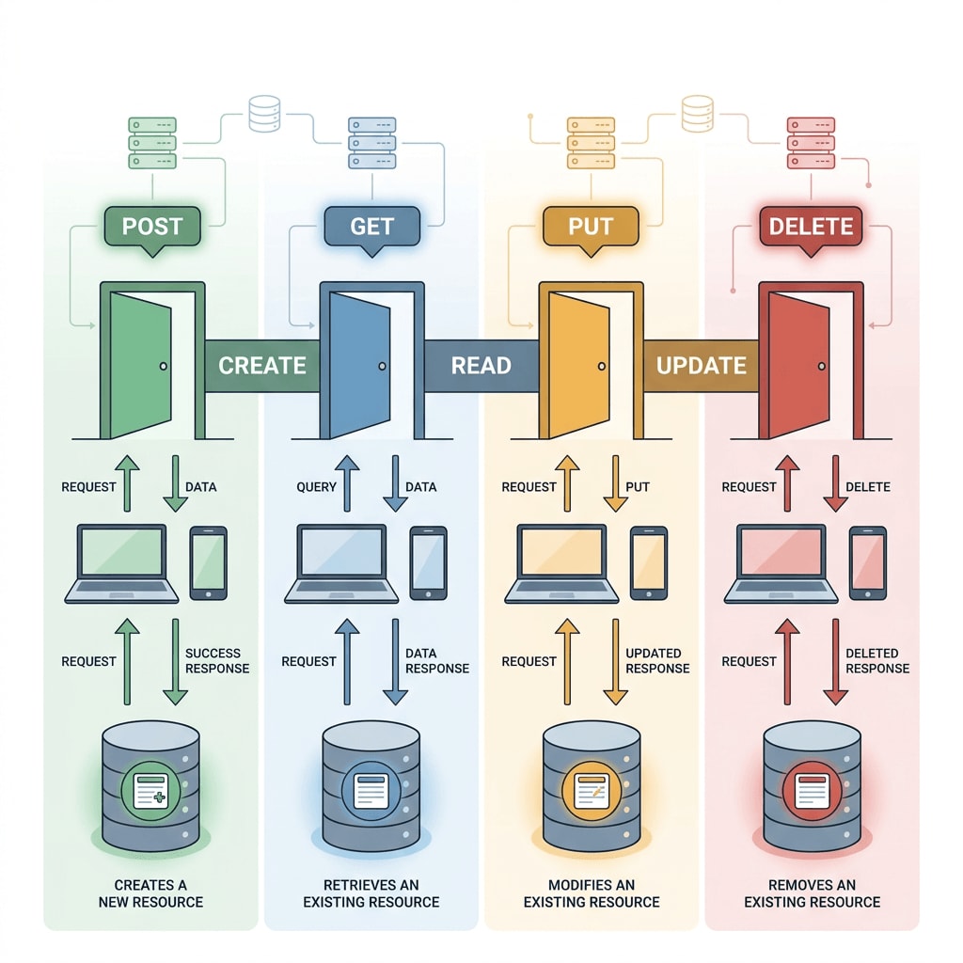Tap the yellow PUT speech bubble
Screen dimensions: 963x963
pos(591,227)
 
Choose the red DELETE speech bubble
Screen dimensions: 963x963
pos(811,227)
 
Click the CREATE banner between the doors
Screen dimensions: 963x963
pos(262,366)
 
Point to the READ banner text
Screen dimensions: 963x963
pos(481,366)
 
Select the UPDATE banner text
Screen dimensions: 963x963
pos(701,366)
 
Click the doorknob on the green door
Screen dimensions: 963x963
pos(164,366)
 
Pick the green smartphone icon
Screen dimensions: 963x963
pos(208,562)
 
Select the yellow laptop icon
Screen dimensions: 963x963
pos(561,564)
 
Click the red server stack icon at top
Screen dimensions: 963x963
pos(810,143)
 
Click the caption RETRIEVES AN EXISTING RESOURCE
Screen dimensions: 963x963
pos(371,893)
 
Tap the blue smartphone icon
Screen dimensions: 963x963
pos(428,562)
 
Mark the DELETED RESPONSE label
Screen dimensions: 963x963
pos(877,661)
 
